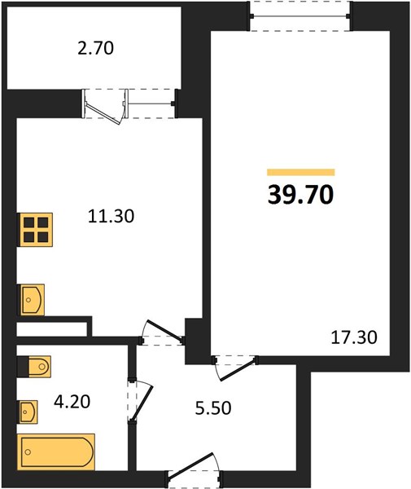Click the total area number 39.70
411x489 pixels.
pos(300,195)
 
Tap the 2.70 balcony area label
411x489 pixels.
pos(95,49)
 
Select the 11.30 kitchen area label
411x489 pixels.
pos(111,216)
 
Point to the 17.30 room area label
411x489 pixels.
pos(354,337)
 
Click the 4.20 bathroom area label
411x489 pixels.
pos(72,401)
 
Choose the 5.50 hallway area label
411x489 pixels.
pos(213,408)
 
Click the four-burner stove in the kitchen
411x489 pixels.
pos(35,230)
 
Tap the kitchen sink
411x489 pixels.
pos(31,300)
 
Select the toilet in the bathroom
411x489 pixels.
pos(34,366)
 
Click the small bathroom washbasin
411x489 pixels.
pos(28,412)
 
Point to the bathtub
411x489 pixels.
pos(56,451)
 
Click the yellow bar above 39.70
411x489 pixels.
pos(301,172)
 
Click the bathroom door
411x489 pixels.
pos(139,401)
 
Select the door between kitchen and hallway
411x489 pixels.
pos(162,333)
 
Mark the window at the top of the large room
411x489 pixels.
pos(300,16)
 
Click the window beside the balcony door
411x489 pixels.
pos(152,104)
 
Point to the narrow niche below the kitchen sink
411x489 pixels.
pos(51,329)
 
